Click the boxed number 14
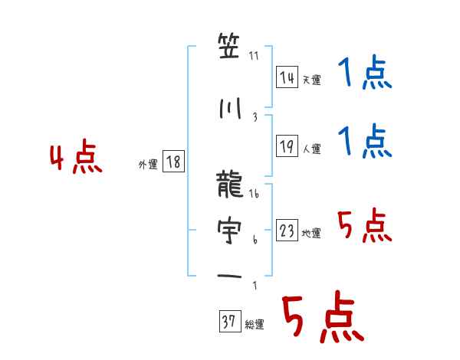287,77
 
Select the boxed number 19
287,148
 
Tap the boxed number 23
287,231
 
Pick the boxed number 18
173,162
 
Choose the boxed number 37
229,323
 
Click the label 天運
311,80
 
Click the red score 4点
76,159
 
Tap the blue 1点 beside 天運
365,75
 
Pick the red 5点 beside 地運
365,226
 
